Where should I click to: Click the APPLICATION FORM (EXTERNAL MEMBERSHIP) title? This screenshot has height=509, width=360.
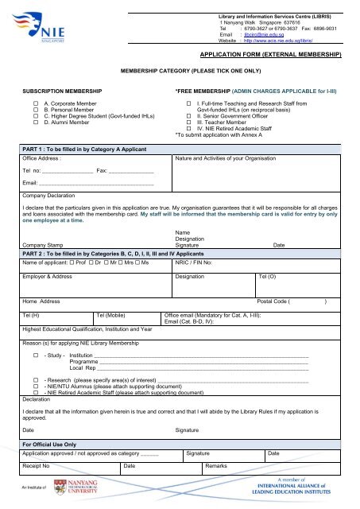click(x=269, y=55)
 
